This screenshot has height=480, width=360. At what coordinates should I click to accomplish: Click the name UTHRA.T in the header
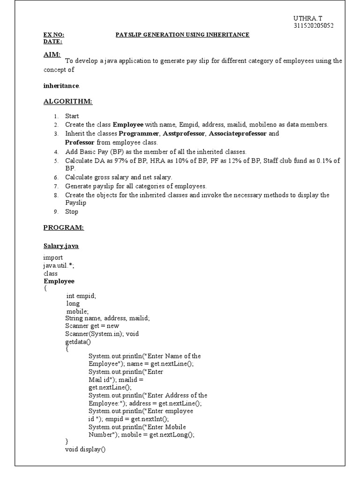pyautogui.click(x=305, y=18)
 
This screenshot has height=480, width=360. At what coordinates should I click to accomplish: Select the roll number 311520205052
pyautogui.click(x=314, y=26)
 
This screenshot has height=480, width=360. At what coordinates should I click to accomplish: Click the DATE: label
pyautogui.click(x=52, y=42)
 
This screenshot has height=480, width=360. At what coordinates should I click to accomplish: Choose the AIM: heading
pyautogui.click(x=52, y=55)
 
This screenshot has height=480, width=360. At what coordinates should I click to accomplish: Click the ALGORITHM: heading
pyautogui.click(x=67, y=101)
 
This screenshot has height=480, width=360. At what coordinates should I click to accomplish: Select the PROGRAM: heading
pyautogui.click(x=63, y=227)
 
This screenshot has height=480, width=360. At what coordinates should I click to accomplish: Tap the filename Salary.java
pyautogui.click(x=61, y=246)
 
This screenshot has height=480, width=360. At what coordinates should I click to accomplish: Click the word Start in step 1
pyautogui.click(x=72, y=116)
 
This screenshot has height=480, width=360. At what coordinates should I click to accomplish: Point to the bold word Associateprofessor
pyautogui.click(x=238, y=134)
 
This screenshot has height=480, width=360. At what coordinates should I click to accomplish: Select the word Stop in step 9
pyautogui.click(x=72, y=211)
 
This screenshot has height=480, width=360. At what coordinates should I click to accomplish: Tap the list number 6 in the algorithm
pyautogui.click(x=55, y=178)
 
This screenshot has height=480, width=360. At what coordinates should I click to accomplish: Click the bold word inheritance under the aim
pyautogui.click(x=61, y=86)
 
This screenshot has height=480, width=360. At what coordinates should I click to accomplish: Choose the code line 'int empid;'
pyautogui.click(x=81, y=296)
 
